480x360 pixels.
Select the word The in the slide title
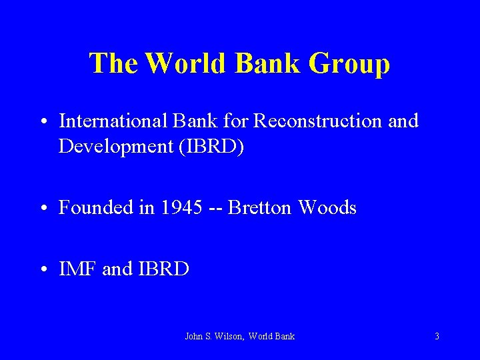click(113, 63)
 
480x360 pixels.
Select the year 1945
click(181, 207)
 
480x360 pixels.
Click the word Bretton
click(260, 207)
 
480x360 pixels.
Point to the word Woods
click(327, 207)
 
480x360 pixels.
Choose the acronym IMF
click(78, 269)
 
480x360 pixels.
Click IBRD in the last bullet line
click(164, 269)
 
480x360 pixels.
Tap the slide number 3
click(437, 337)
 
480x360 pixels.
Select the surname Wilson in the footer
click(229, 337)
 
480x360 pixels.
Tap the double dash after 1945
click(215, 209)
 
